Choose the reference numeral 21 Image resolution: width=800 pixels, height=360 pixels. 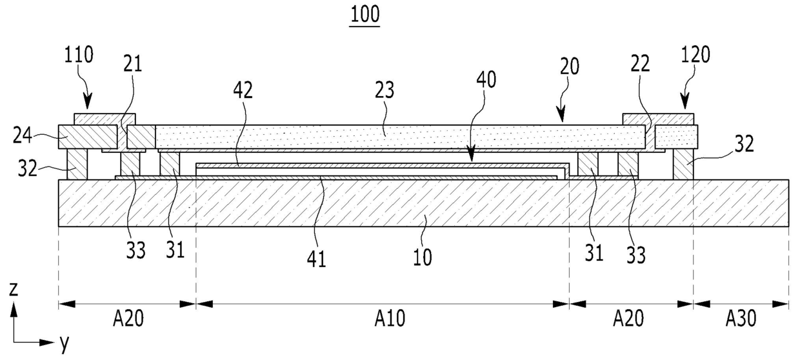(x=133, y=64)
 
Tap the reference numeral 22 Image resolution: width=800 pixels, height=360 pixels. (x=639, y=64)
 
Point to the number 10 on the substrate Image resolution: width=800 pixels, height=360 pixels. (x=422, y=257)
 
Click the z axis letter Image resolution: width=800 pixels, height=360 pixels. (x=13, y=290)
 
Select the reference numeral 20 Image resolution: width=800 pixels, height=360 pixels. (x=570, y=66)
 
